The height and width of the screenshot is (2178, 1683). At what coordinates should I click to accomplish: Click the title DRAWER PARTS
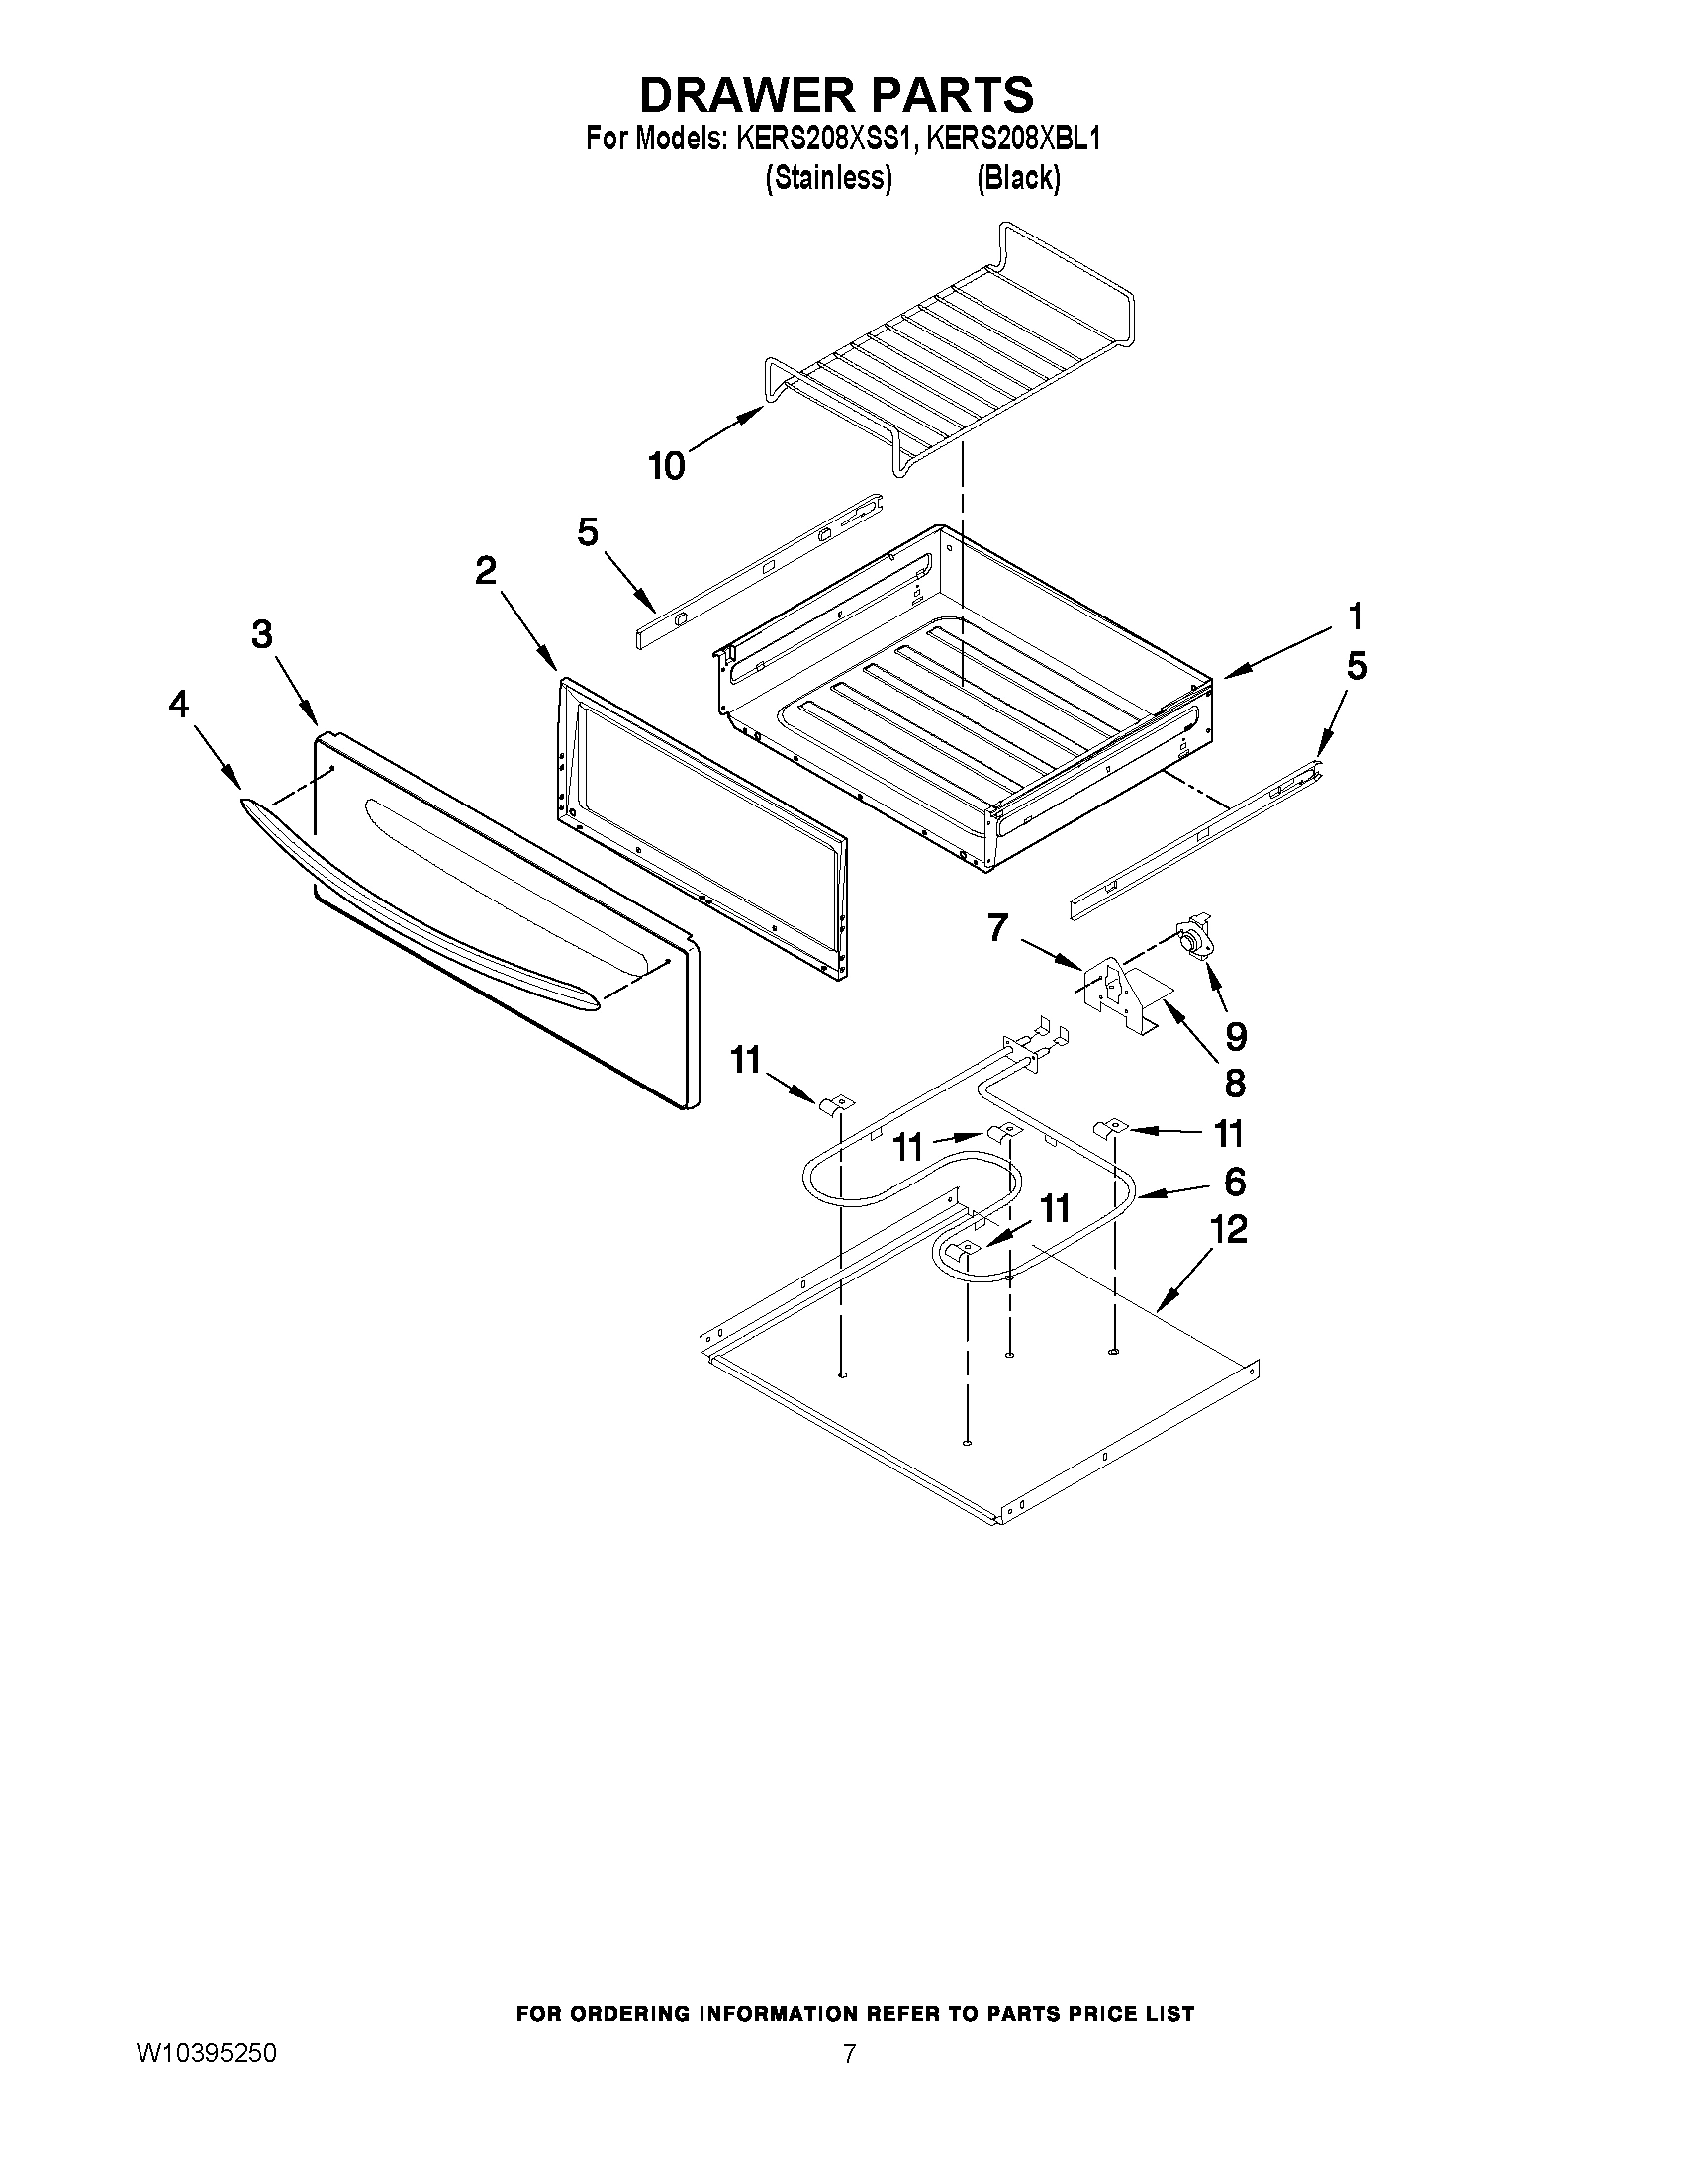click(x=835, y=95)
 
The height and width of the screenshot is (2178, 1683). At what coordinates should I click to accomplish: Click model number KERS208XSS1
click(x=824, y=139)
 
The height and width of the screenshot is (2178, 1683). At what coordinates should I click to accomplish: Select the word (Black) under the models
click(x=1017, y=178)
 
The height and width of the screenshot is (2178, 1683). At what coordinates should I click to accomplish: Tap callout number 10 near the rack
click(x=667, y=465)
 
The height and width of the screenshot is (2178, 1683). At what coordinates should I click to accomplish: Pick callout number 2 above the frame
click(x=486, y=570)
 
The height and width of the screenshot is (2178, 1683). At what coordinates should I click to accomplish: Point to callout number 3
click(x=261, y=634)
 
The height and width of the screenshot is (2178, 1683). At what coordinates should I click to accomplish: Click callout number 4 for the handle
click(x=177, y=706)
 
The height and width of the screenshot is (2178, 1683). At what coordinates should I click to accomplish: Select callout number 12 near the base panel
click(x=1228, y=1230)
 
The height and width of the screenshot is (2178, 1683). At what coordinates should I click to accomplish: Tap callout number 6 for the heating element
click(x=1235, y=1182)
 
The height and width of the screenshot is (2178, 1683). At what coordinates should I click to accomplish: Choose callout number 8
click(x=1234, y=1082)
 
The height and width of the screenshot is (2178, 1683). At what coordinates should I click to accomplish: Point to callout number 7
click(x=997, y=928)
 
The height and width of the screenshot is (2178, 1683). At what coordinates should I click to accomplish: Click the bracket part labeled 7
click(x=1109, y=988)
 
